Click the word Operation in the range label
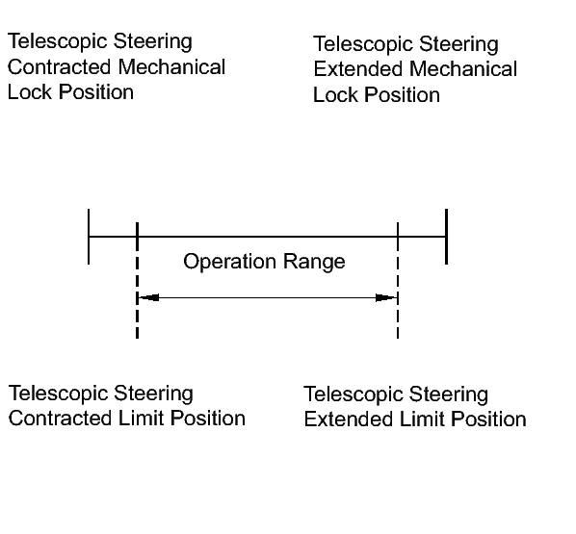tap(229, 263)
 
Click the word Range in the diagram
tap(314, 263)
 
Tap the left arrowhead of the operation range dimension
tap(148, 297)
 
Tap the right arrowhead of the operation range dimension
tap(386, 297)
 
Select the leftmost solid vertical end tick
tap(89, 237)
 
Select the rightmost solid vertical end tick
tap(446, 237)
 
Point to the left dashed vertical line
tap(137, 280)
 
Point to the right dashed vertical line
tap(398, 280)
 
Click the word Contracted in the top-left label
tap(59, 67)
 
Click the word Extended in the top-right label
tap(357, 69)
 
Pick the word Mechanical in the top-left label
tap(171, 67)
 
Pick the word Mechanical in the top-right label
tap(463, 69)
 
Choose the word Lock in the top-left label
tap(30, 92)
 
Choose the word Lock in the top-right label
tap(335, 95)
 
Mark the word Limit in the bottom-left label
tap(141, 419)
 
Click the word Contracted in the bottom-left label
tap(60, 419)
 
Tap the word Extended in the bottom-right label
tap(349, 420)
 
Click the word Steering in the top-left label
tap(152, 41)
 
